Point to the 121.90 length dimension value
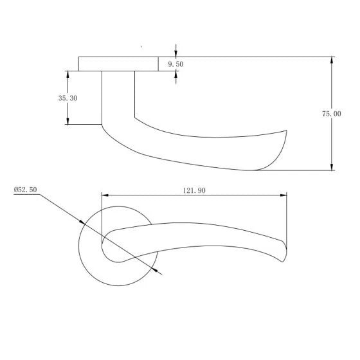point(194,191)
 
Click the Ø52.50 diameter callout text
point(25,190)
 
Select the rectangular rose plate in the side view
point(118,64)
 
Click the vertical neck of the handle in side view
point(118,96)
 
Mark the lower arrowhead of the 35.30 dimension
point(67,120)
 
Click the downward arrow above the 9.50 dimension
point(176,53)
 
